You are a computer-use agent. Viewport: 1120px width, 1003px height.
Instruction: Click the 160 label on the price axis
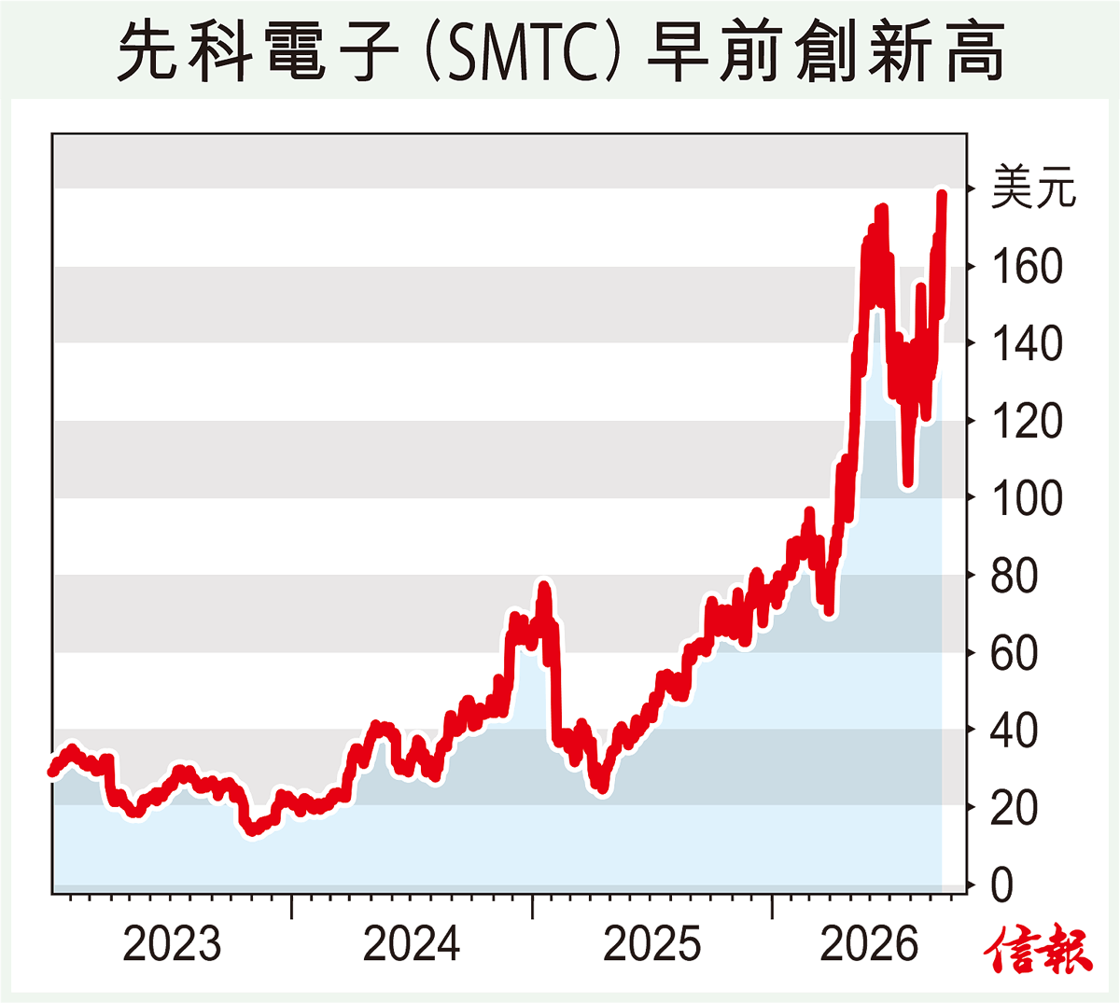pos(1027,267)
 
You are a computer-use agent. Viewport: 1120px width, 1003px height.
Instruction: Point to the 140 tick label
pos(1027,343)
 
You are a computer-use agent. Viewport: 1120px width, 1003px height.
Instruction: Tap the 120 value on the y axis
pos(1027,421)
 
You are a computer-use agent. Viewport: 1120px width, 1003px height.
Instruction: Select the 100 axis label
pos(1027,498)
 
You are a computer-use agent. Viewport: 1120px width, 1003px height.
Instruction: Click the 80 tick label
pos(1014,576)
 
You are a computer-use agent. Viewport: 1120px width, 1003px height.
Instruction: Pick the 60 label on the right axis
pos(1014,653)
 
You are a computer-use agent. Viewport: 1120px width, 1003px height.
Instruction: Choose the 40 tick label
pos(1014,731)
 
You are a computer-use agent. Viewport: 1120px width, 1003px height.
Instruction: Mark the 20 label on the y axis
pos(1014,808)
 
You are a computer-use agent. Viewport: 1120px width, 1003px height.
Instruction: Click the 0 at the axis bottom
pos(1001,885)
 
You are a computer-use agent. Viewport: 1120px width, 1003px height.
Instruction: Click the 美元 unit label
pos(1033,188)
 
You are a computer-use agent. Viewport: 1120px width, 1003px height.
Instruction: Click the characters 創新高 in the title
pos(900,51)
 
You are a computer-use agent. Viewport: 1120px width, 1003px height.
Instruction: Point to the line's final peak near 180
pos(942,195)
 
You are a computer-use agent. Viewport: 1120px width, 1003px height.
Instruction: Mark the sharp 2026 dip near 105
pos(907,483)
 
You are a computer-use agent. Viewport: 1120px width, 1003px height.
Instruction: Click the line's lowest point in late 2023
pos(252,830)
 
